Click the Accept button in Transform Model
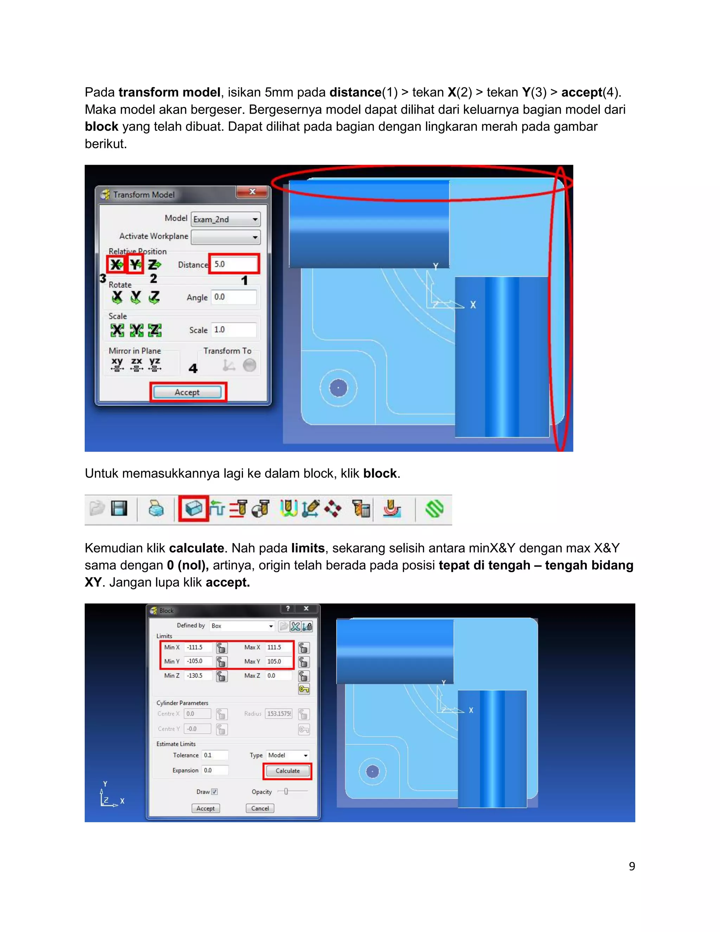pyautogui.click(x=187, y=392)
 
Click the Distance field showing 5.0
pyautogui.click(x=234, y=264)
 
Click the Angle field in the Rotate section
pyautogui.click(x=234, y=297)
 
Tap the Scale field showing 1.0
pyautogui.click(x=234, y=330)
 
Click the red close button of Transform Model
pyautogui.click(x=252, y=192)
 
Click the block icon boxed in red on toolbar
pyautogui.click(x=194, y=509)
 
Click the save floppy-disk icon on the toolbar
pyautogui.click(x=119, y=508)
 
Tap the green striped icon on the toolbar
pyautogui.click(x=434, y=509)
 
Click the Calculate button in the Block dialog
pyautogui.click(x=288, y=771)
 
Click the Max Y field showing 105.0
pyautogui.click(x=278, y=662)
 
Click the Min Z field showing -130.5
pyautogui.click(x=198, y=676)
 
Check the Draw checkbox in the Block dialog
pyautogui.click(x=214, y=792)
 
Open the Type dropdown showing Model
pyautogui.click(x=288, y=755)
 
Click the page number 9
pyautogui.click(x=632, y=866)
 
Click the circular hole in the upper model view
pyautogui.click(x=338, y=388)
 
